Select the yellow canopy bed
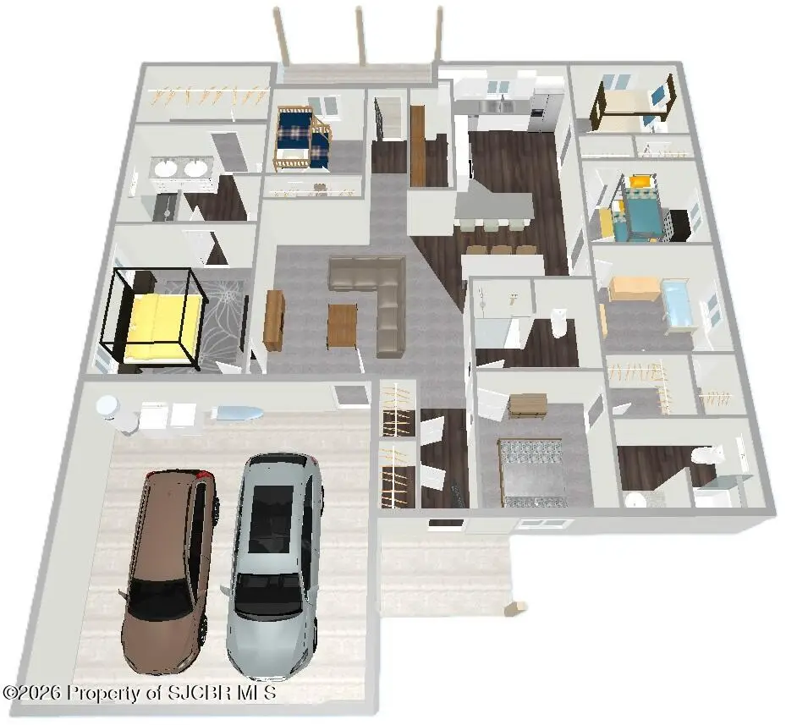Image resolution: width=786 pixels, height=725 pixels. [153, 321]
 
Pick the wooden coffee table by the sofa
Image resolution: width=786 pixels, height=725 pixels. [342, 327]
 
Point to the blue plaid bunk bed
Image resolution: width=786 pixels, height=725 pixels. [303, 139]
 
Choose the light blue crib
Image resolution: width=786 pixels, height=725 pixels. [679, 306]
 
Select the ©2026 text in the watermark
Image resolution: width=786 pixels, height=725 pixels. [33, 693]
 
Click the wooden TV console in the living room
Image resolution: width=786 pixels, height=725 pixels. [273, 321]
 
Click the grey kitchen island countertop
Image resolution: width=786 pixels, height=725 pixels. [494, 206]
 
